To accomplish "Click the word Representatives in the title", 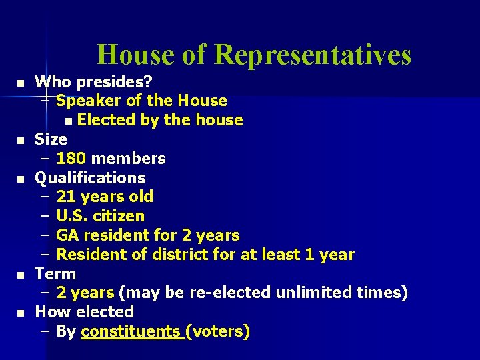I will pyautogui.click(x=313, y=55).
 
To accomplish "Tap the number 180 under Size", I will pyautogui.click(x=71, y=159).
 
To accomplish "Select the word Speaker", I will pyautogui.click(x=84, y=101).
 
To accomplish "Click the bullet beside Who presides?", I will pyautogui.click(x=21, y=83).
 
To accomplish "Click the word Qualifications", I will pyautogui.click(x=90, y=178).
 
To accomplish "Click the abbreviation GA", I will pyautogui.click(x=67, y=235).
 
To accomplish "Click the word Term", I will pyautogui.click(x=55, y=274).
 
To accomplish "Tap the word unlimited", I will pyautogui.click(x=313, y=293).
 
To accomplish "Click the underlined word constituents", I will pyautogui.click(x=130, y=331).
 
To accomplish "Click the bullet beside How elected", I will pyautogui.click(x=21, y=313).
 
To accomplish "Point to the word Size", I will pyautogui.click(x=51, y=139).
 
